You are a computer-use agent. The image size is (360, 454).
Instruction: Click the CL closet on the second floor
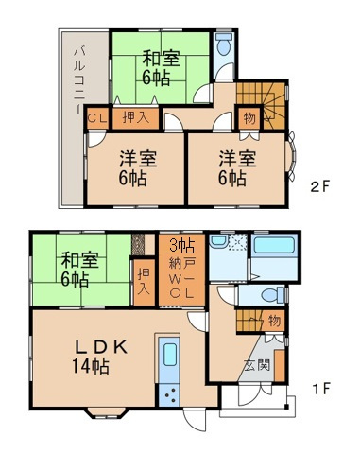coord(96,118)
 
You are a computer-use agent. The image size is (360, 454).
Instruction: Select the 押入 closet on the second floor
coord(134,118)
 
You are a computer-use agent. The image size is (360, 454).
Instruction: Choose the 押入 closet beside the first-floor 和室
coord(144,281)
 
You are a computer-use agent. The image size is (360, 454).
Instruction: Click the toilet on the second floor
coord(223,45)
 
